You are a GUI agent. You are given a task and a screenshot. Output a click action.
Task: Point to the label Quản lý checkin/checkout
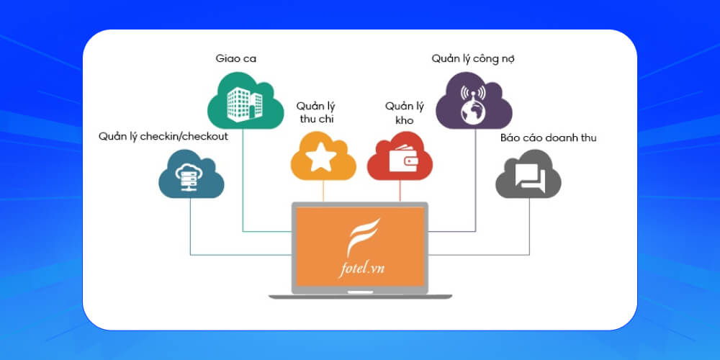163,136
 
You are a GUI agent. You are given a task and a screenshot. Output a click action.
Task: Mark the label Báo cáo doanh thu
549,137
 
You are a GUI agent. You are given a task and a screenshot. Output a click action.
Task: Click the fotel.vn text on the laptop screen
360,269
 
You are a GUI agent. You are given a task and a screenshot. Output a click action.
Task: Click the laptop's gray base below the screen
360,295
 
